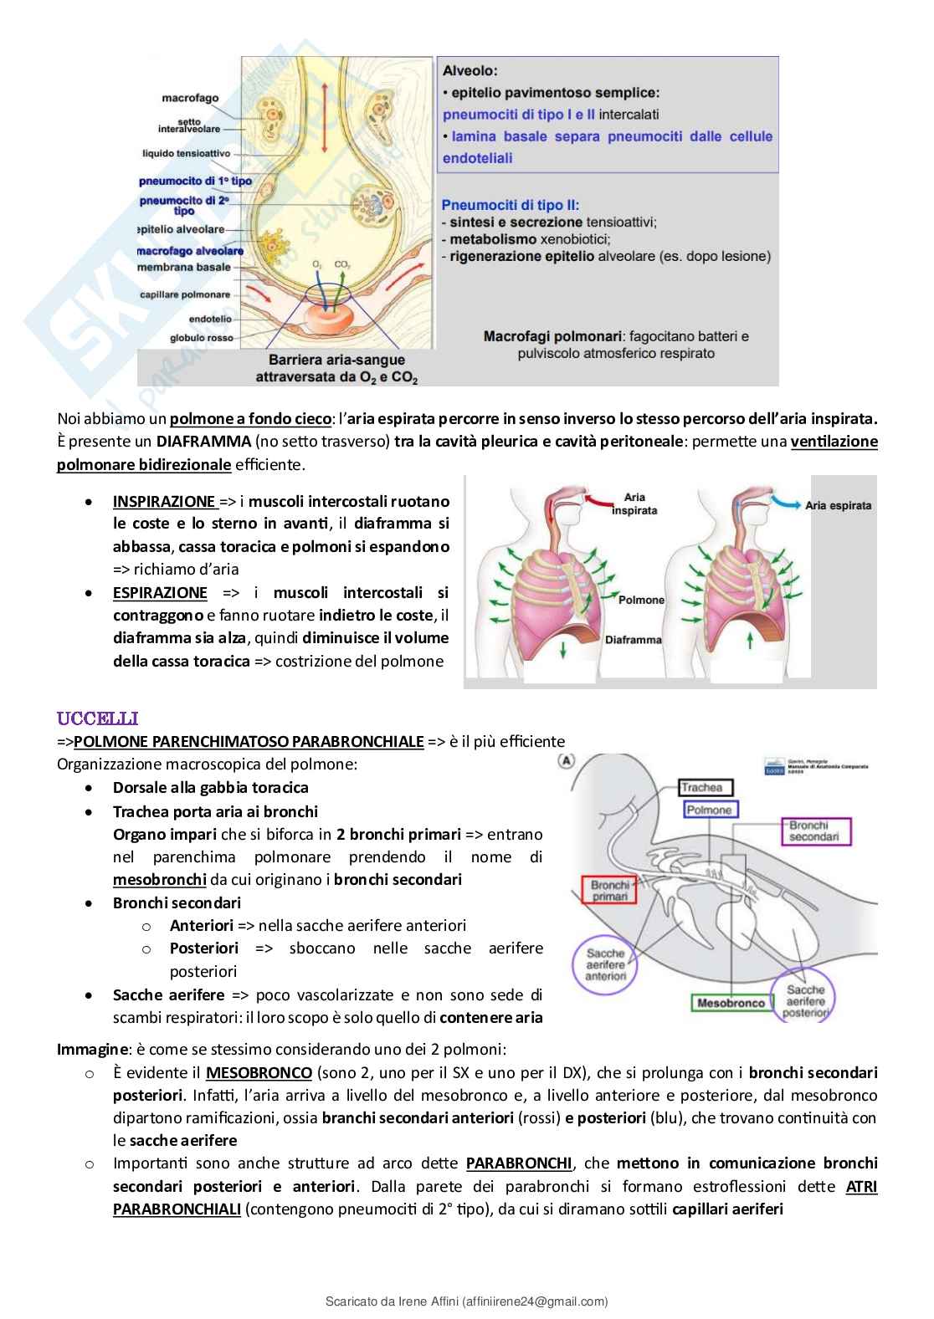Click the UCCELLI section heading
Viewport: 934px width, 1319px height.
[x=97, y=718]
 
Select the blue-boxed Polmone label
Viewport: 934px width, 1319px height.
[x=708, y=810]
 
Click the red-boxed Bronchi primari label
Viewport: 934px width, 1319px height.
[x=609, y=891]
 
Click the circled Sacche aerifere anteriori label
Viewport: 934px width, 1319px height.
[x=606, y=964]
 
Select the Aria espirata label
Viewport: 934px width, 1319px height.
[x=838, y=505]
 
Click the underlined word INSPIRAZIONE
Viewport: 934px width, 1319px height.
[x=164, y=502]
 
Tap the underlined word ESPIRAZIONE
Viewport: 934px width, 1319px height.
[x=160, y=593]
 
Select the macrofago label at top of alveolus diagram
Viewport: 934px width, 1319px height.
[x=191, y=98]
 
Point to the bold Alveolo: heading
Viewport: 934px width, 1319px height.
[x=470, y=72]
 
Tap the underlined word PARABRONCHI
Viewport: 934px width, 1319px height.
[x=518, y=1163]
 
